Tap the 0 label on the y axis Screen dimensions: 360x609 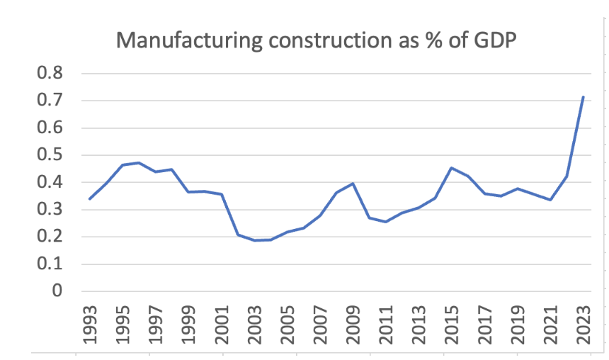56,291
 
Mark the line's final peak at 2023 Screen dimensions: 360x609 582,97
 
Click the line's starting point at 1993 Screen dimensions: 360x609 89,199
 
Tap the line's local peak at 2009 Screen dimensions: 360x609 352,184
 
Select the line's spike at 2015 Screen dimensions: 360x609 451,168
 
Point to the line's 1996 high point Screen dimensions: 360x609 139,163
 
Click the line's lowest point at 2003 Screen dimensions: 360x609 254,240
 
